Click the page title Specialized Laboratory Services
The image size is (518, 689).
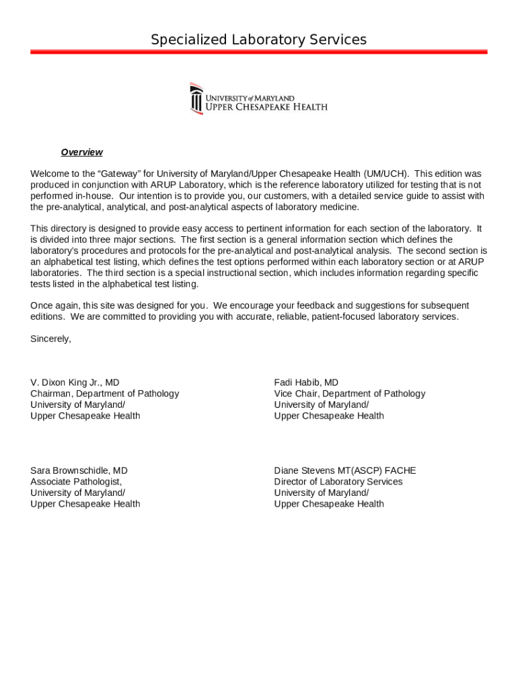pyautogui.click(x=258, y=40)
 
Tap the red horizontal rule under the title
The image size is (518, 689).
pyautogui.click(x=258, y=52)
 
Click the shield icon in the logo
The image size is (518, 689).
pyautogui.click(x=196, y=99)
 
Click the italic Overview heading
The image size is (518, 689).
pyautogui.click(x=81, y=152)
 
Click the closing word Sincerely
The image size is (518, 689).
pyautogui.click(x=50, y=338)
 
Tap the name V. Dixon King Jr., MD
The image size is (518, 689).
pyautogui.click(x=75, y=382)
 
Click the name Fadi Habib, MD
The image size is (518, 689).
pyautogui.click(x=306, y=382)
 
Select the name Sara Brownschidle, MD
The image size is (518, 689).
pyautogui.click(x=79, y=470)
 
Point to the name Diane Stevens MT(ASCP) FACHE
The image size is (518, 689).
pyautogui.click(x=344, y=470)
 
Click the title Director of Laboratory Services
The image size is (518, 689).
pyautogui.click(x=338, y=482)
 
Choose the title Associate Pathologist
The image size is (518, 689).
pyautogui.click(x=76, y=482)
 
